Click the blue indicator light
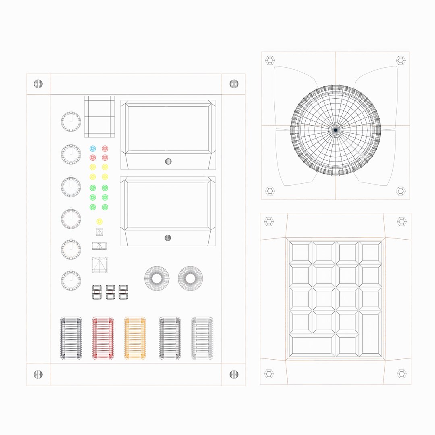tap(93, 149)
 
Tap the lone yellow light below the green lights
tap(99, 222)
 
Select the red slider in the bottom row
tap(103, 338)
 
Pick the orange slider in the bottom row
tap(135, 338)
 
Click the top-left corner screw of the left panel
tap(38, 84)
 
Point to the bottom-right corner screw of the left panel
tap(234, 374)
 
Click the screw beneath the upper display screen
tap(168, 161)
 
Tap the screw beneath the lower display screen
tap(168, 238)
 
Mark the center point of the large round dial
tap(336, 130)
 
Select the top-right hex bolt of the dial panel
tap(400, 60)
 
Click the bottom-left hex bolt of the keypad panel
tap(269, 374)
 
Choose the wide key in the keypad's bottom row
tap(313, 346)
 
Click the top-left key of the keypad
tap(301, 253)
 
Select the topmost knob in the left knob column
tap(71, 120)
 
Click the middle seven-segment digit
tap(110, 292)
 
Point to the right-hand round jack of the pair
tap(191, 278)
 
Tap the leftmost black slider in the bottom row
tap(71, 338)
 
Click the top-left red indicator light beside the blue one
tap(105, 149)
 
